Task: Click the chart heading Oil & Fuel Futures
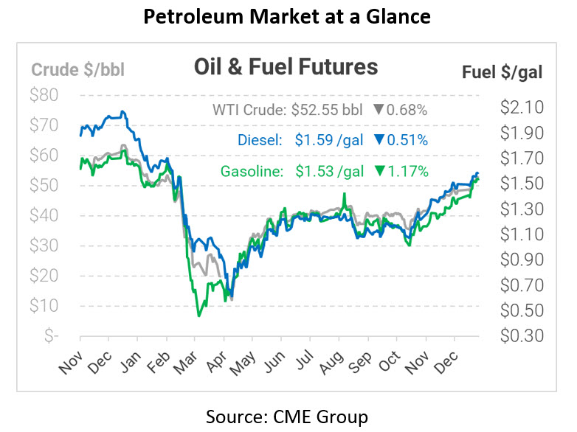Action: click(x=286, y=67)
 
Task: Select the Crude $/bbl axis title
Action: click(x=77, y=70)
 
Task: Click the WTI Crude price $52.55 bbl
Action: click(x=323, y=111)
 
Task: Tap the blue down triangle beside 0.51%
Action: click(x=380, y=139)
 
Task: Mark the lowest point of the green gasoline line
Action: click(x=198, y=316)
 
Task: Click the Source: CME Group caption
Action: click(x=288, y=417)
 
